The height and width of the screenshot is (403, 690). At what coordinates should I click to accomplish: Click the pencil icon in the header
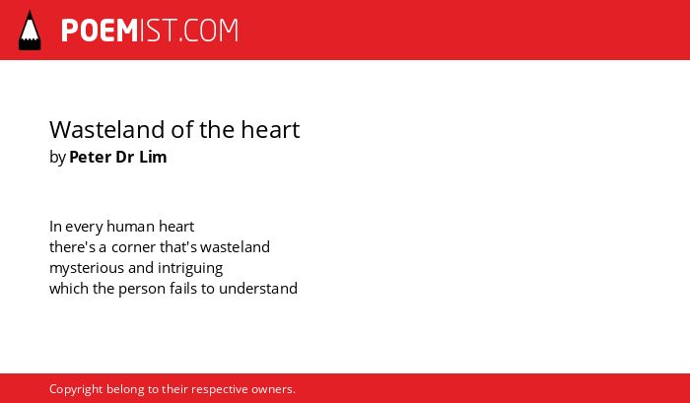pyautogui.click(x=30, y=31)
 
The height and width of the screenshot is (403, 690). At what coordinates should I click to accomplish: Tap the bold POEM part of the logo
pyautogui.click(x=100, y=31)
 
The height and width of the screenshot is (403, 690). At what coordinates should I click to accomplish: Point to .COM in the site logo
pyautogui.click(x=209, y=31)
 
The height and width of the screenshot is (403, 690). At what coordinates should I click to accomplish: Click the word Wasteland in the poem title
pyautogui.click(x=99, y=129)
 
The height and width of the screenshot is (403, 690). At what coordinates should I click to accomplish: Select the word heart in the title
pyautogui.click(x=270, y=129)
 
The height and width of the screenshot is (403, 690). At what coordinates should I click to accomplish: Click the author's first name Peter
pyautogui.click(x=91, y=157)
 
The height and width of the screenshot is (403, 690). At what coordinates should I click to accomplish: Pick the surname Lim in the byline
pyautogui.click(x=153, y=157)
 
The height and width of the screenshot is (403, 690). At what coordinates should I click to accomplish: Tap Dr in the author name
pyautogui.click(x=124, y=157)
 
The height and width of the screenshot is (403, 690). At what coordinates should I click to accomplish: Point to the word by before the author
pyautogui.click(x=57, y=158)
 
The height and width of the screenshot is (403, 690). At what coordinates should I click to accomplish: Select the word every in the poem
pyautogui.click(x=84, y=228)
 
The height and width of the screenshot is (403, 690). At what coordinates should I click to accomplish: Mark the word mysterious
pyautogui.click(x=87, y=269)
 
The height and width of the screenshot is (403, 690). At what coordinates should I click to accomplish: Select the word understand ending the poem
pyautogui.click(x=258, y=289)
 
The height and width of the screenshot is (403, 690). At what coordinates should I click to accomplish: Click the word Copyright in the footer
pyautogui.click(x=76, y=390)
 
